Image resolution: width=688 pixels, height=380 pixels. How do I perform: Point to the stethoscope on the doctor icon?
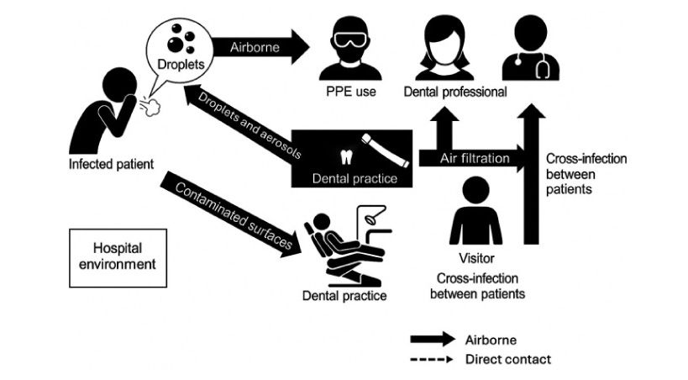546,63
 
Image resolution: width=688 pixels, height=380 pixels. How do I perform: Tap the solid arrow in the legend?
430,340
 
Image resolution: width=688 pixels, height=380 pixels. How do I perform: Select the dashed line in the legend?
430,359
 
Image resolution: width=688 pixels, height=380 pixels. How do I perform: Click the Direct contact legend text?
507,359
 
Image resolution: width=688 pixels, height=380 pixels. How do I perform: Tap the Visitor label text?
476,258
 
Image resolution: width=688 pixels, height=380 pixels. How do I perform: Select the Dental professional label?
455,92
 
